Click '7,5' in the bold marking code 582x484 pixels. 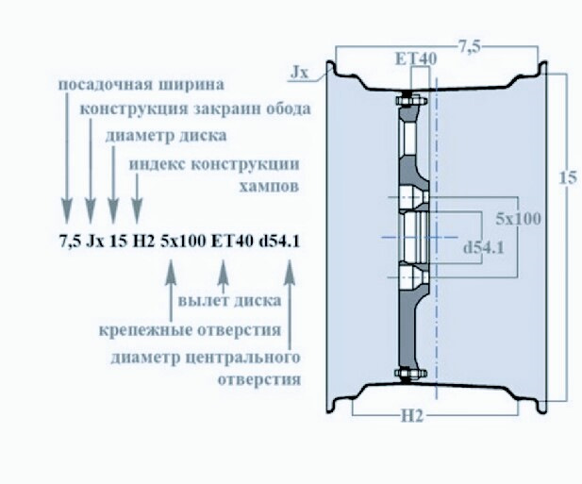tap(70, 241)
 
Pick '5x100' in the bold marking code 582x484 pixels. tap(183, 241)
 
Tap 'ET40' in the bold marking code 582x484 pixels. tap(232, 241)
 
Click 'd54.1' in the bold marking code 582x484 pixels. tap(280, 241)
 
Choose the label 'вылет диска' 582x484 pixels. tap(228, 302)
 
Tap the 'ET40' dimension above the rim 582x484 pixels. tap(415, 58)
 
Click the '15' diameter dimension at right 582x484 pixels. tap(565, 177)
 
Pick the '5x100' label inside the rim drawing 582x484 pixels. tap(518, 218)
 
